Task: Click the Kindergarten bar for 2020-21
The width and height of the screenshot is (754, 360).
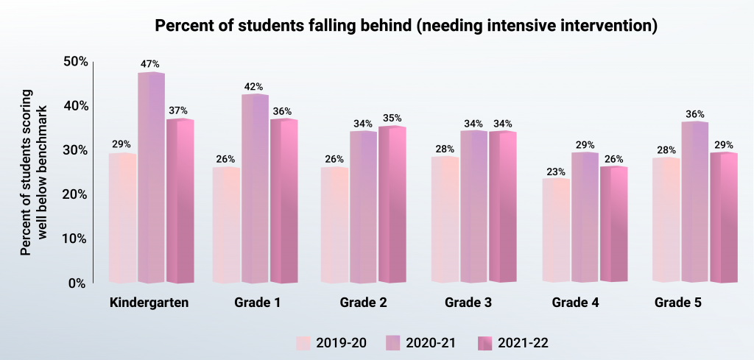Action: click(x=151, y=177)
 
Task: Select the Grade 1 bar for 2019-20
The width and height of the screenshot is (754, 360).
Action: click(x=226, y=225)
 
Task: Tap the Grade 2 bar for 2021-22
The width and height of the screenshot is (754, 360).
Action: click(x=392, y=204)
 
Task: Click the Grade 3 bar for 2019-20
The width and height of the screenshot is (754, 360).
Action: click(x=445, y=219)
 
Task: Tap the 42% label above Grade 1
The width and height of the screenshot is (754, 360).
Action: click(x=254, y=86)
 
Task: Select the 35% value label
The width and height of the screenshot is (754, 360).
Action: click(x=392, y=118)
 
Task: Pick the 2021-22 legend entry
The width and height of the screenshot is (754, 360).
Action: click(x=512, y=342)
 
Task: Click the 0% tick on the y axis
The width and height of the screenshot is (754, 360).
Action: click(x=77, y=283)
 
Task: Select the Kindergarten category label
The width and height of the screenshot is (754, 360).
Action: click(x=149, y=303)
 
